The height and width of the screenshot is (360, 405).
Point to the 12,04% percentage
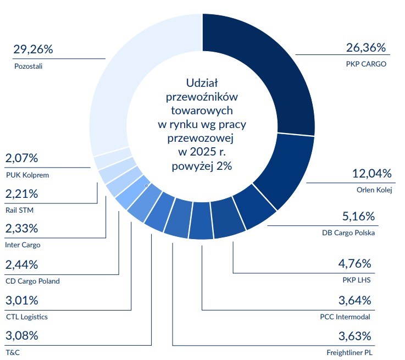tap(371, 174)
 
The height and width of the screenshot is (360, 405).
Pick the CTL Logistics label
tap(27, 317)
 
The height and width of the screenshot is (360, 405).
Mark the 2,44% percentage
tap(22, 264)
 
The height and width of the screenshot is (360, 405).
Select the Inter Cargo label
tap(23, 245)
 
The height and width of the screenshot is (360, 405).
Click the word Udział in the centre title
tap(202, 84)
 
